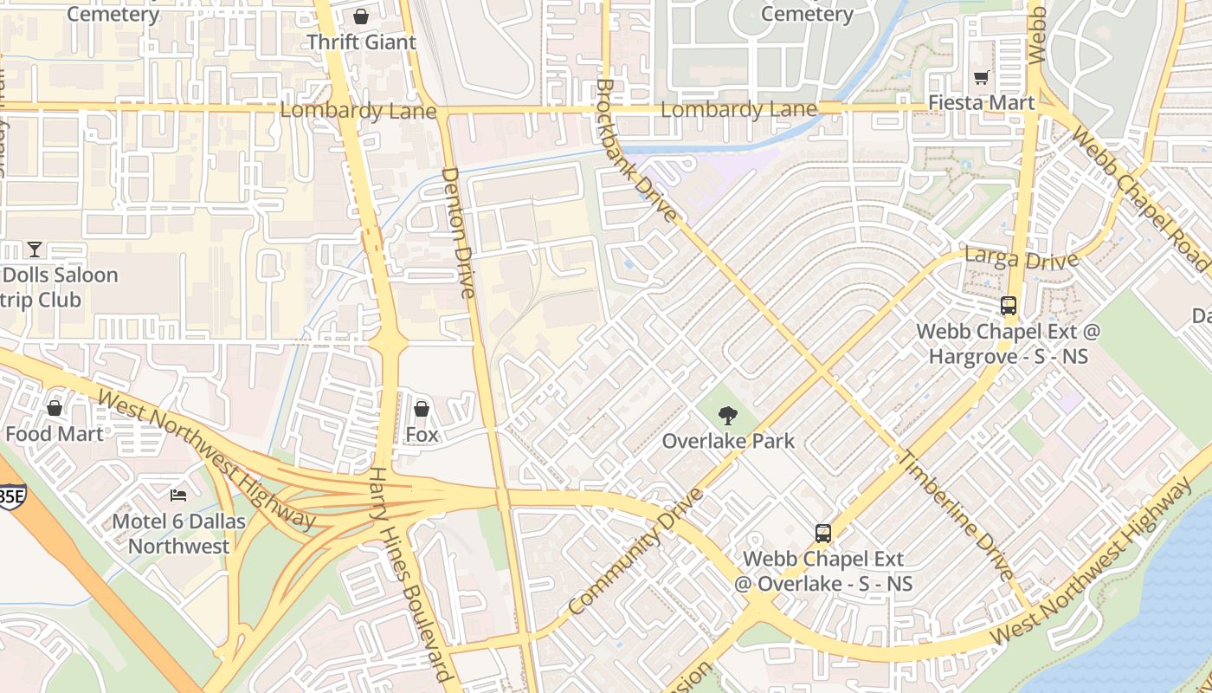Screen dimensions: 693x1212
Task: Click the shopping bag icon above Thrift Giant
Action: coord(361,16)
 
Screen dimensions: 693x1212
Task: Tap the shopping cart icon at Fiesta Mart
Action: coord(981,78)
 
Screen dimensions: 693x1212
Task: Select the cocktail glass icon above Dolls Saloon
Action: coord(35,249)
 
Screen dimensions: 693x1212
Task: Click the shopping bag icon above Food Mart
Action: coord(55,408)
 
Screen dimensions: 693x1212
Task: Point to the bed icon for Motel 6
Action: coord(178,495)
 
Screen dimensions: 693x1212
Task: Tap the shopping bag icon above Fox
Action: coord(422,409)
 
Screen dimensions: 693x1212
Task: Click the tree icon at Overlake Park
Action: coord(728,416)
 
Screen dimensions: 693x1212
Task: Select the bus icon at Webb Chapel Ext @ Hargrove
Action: coord(1008,306)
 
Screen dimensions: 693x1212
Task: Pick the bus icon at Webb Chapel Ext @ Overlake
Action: coord(822,534)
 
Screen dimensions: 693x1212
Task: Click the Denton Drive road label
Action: coord(459,232)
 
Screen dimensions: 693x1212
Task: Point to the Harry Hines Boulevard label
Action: coord(411,575)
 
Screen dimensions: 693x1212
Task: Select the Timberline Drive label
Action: coord(957,515)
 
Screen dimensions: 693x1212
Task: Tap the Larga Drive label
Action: coord(1022,259)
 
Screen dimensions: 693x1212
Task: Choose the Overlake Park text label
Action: coord(728,441)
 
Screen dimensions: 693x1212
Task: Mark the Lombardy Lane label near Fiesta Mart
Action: coord(738,110)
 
